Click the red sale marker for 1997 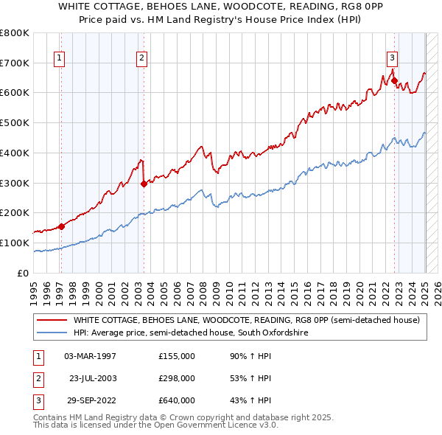click(61, 226)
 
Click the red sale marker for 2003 click(144, 184)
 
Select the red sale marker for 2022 click(394, 80)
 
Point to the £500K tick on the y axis click(15, 122)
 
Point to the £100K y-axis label click(15, 243)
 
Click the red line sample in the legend click(52, 320)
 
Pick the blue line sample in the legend click(52, 333)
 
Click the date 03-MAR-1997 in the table click(91, 356)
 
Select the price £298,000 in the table click(177, 378)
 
